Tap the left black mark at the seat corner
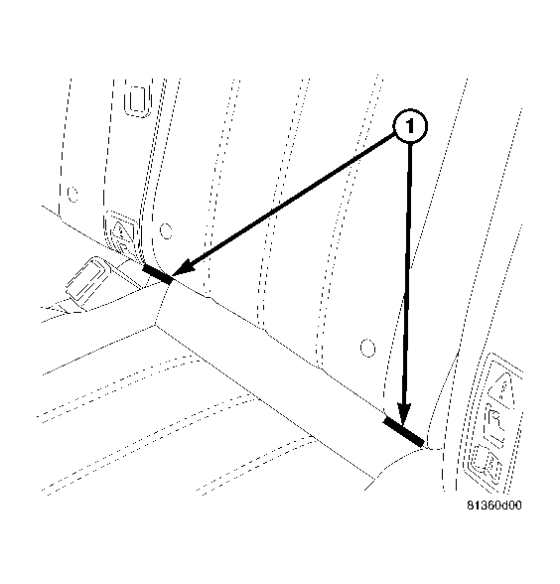[x=157, y=272]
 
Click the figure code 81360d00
[x=494, y=506]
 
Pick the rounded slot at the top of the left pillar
[x=137, y=101]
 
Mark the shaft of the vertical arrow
[x=407, y=278]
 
